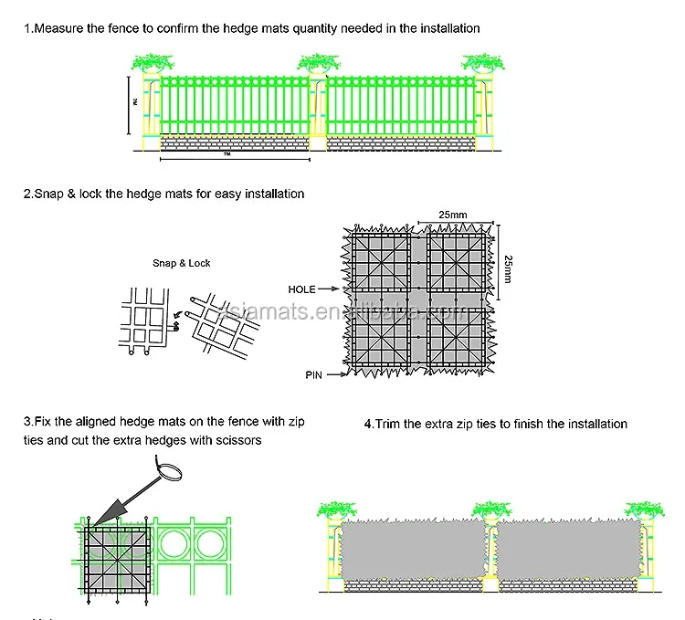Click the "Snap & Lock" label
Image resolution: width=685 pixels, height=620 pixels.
coord(181,263)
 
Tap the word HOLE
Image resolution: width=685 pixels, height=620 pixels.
coord(301,289)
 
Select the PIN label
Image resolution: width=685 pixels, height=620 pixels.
coord(313,374)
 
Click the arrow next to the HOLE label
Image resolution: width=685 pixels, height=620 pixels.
coord(331,289)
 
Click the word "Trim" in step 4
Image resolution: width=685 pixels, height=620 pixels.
coord(390,424)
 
